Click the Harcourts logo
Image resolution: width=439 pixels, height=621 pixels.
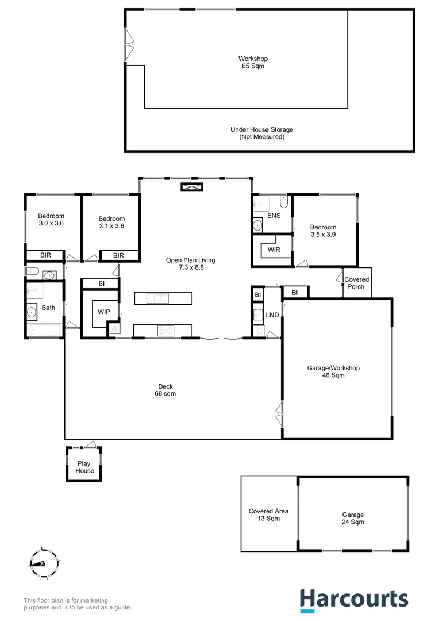click(x=354, y=599)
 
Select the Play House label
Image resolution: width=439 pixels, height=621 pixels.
click(x=84, y=467)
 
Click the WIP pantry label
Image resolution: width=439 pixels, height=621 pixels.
click(x=103, y=312)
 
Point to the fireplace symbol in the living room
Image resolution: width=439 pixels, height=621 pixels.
click(x=190, y=187)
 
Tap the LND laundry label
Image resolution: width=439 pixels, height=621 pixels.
click(x=272, y=315)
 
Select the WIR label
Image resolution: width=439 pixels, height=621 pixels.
click(x=273, y=250)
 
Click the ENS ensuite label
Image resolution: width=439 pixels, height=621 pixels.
click(x=274, y=216)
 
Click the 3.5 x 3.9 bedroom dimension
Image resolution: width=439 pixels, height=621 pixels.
click(x=323, y=235)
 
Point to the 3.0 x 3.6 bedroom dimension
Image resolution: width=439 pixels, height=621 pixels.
click(x=51, y=223)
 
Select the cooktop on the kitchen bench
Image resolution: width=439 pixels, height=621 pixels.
click(x=166, y=330)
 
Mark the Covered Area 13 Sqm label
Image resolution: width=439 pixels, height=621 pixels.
click(x=268, y=515)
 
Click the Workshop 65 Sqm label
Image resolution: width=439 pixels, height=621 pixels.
click(x=253, y=62)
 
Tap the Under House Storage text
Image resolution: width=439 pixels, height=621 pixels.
click(x=261, y=133)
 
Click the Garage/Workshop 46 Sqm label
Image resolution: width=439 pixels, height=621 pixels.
click(x=333, y=371)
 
